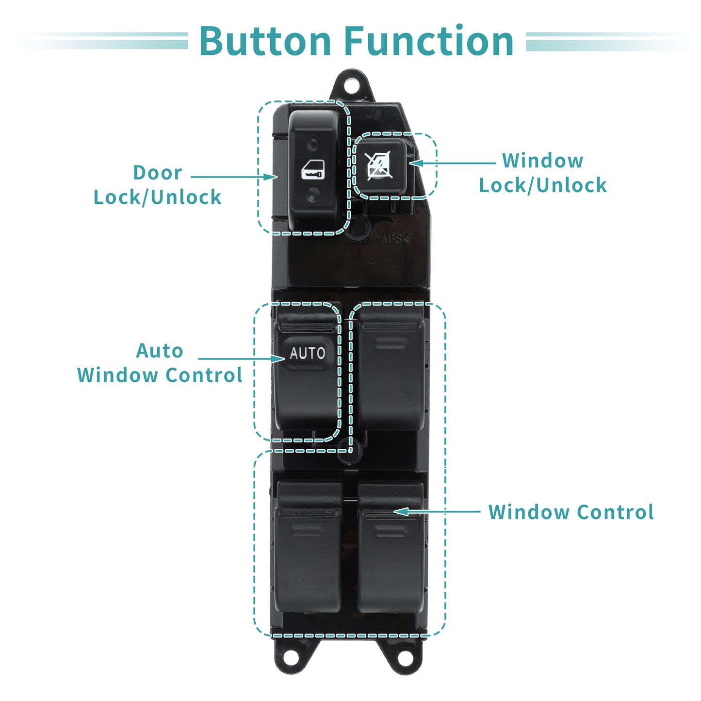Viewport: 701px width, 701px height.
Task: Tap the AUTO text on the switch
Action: (308, 353)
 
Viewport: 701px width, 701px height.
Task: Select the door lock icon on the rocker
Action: (312, 170)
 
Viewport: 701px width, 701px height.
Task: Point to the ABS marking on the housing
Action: (392, 239)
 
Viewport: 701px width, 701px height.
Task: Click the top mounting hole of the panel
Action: (351, 86)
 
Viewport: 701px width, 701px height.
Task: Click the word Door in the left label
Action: (158, 172)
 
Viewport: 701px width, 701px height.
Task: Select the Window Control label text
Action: (571, 512)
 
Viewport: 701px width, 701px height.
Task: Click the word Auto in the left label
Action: (159, 351)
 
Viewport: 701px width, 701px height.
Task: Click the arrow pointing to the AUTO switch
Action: (242, 359)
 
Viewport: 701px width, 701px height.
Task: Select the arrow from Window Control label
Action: (437, 512)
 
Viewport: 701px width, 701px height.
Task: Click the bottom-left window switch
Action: (308, 549)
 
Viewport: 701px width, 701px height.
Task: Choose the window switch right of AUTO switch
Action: (391, 368)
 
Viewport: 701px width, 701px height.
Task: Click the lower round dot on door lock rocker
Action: (312, 194)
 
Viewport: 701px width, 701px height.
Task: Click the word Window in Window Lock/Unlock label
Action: (542, 161)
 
